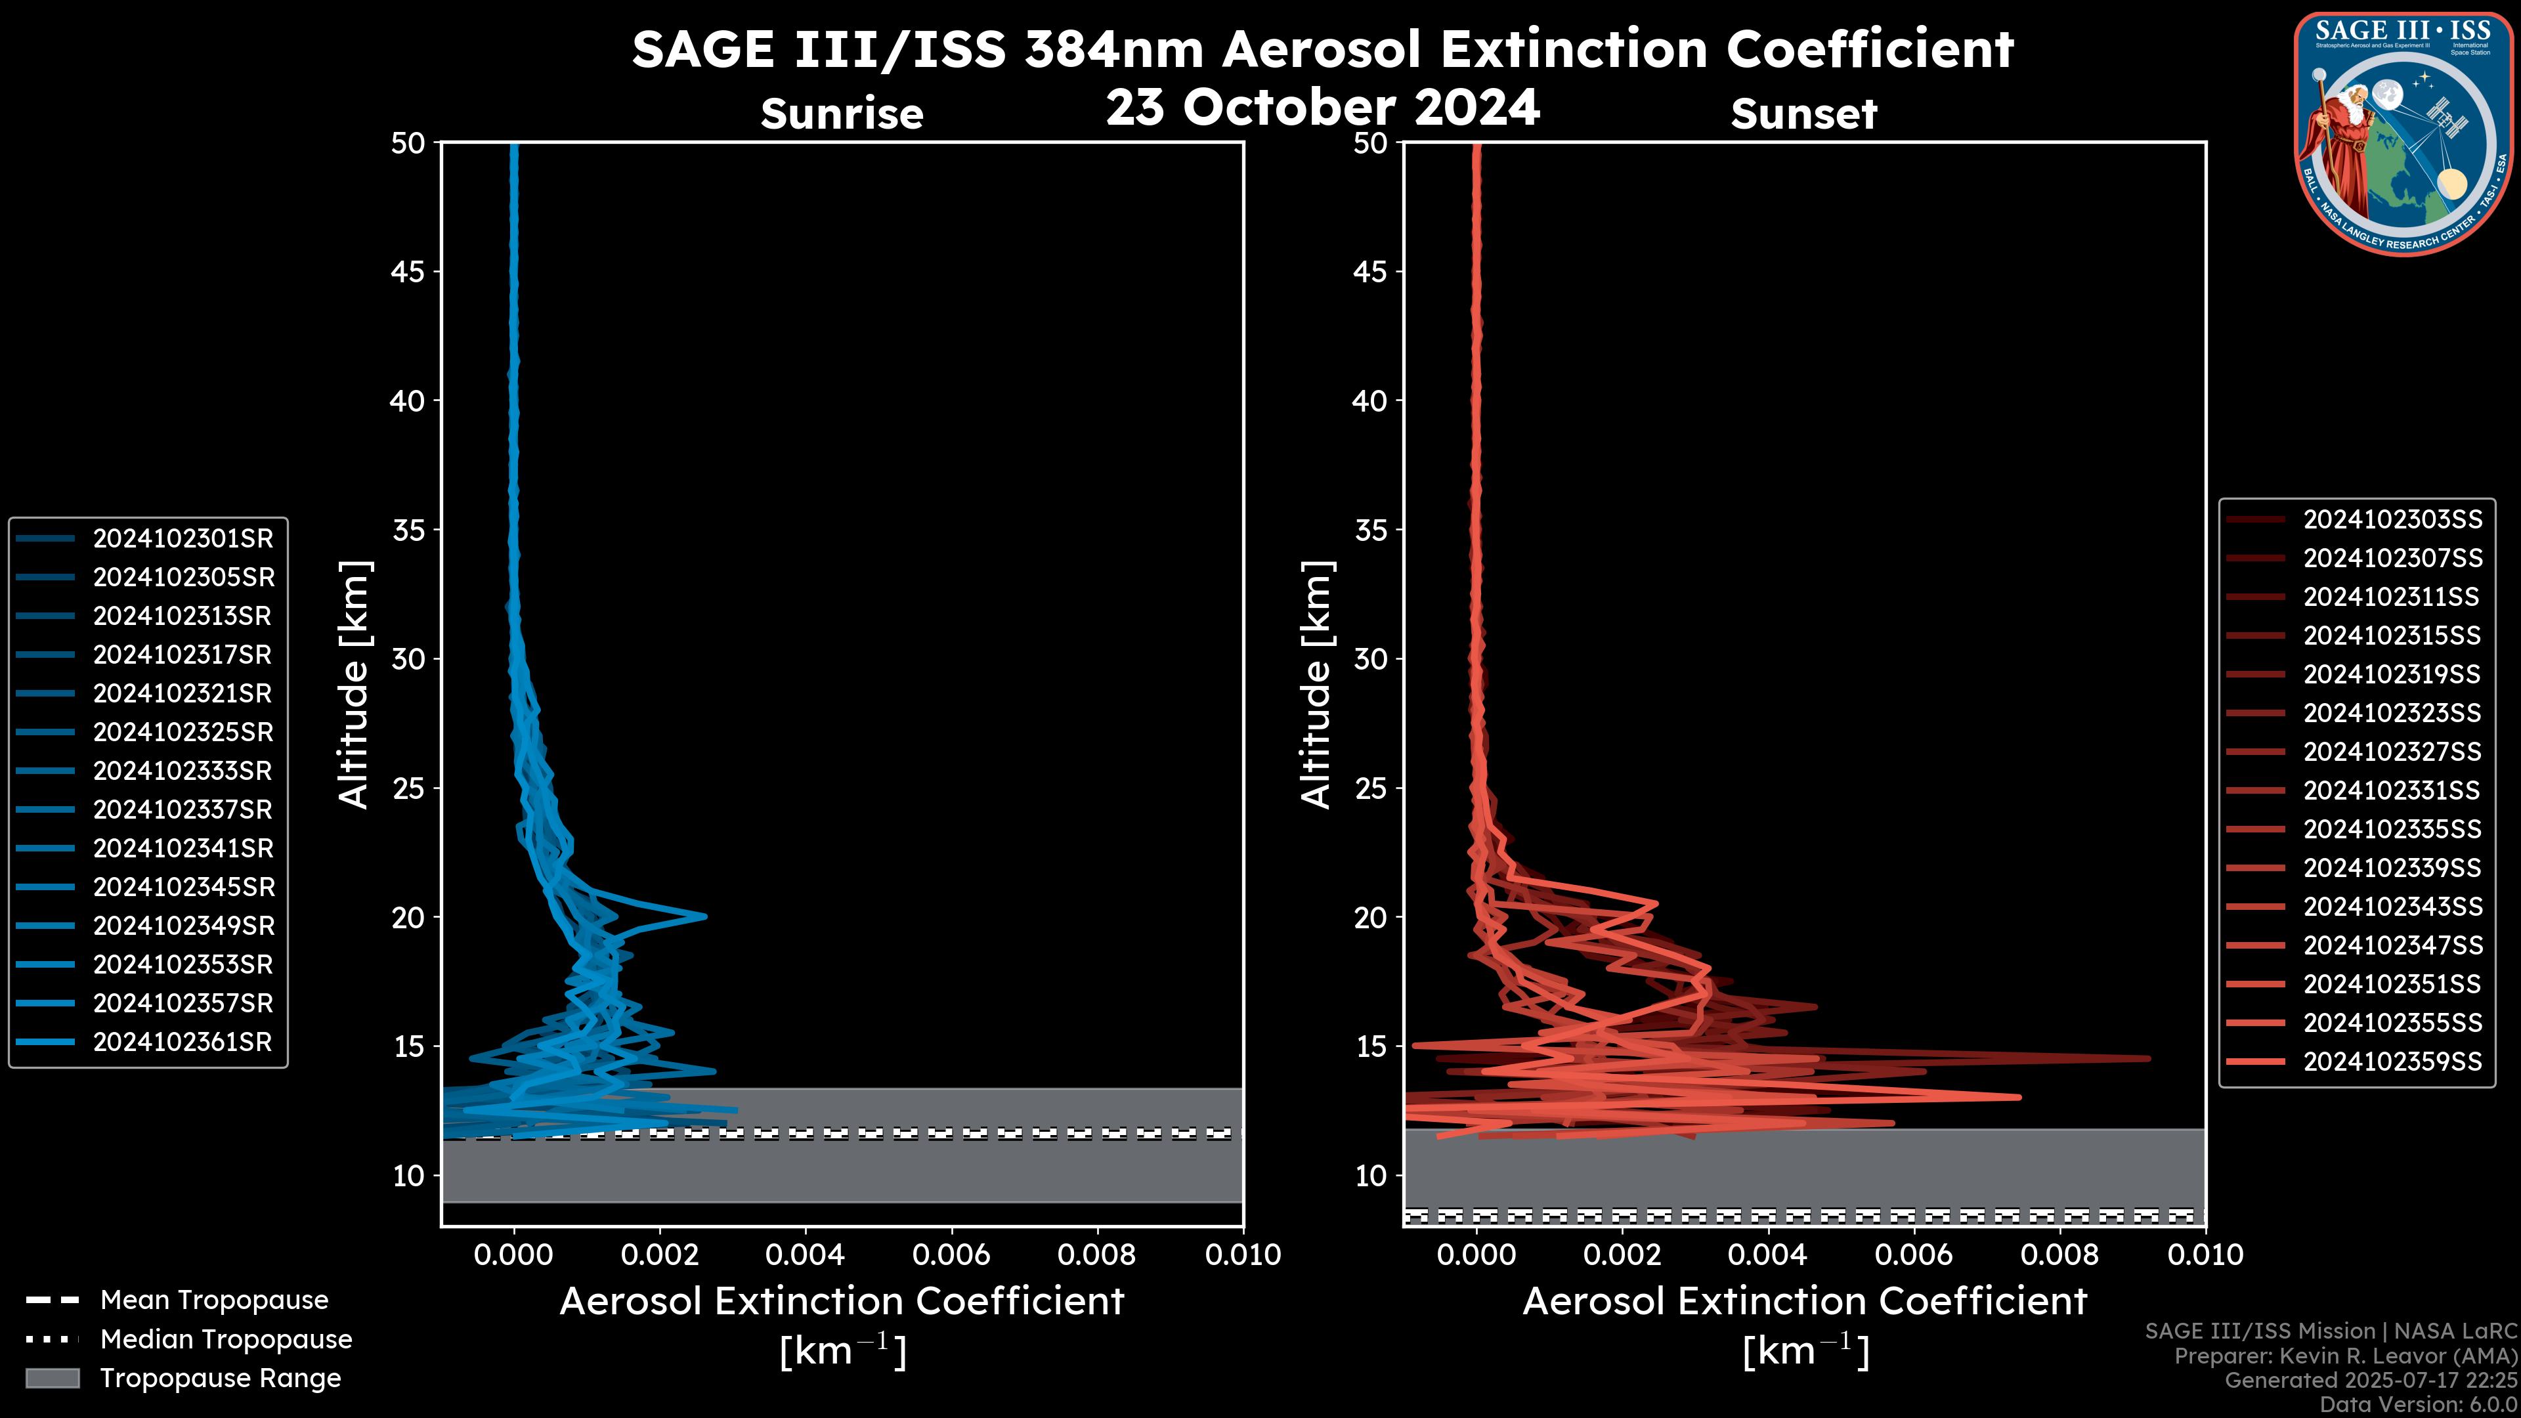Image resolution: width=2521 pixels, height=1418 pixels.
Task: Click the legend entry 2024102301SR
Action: tap(182, 538)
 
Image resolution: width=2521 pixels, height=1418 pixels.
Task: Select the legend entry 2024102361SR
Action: tap(182, 1042)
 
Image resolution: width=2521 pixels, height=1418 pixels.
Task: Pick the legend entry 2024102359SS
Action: tap(2392, 1062)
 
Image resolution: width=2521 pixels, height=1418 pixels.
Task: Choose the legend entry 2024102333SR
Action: tap(182, 771)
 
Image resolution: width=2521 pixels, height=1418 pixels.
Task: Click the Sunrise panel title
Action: tap(842, 114)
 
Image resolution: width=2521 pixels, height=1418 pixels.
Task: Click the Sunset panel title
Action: tap(1803, 114)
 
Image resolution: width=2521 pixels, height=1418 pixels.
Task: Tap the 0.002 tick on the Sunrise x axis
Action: tap(660, 1255)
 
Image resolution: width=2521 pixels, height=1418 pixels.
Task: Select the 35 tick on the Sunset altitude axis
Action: tap(1371, 530)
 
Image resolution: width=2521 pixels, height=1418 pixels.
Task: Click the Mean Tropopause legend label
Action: tap(214, 1300)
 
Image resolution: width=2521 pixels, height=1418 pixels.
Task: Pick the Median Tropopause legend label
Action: tap(226, 1340)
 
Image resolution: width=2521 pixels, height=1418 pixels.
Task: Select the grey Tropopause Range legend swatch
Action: tap(52, 1379)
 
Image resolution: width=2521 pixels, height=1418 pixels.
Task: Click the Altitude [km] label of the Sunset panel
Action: tap(1316, 684)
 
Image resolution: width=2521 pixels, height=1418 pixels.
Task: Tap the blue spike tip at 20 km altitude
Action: tap(704, 917)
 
